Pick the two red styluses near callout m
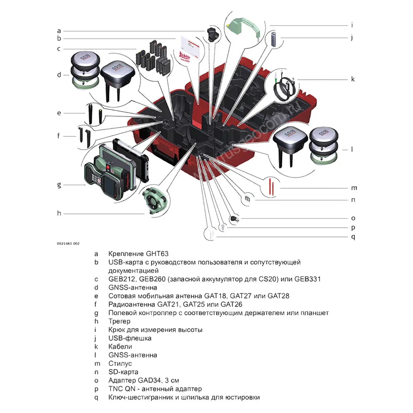tap(272, 186)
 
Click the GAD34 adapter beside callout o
tap(235, 218)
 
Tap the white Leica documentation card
tap(189, 49)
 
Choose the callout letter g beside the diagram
tap(59, 185)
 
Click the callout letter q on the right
tap(353, 237)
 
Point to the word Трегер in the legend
tap(119, 321)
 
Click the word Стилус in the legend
tap(120, 363)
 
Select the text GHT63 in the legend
tap(157, 254)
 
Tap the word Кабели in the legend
tap(120, 347)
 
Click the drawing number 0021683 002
tap(68, 243)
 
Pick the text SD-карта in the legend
tap(123, 372)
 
